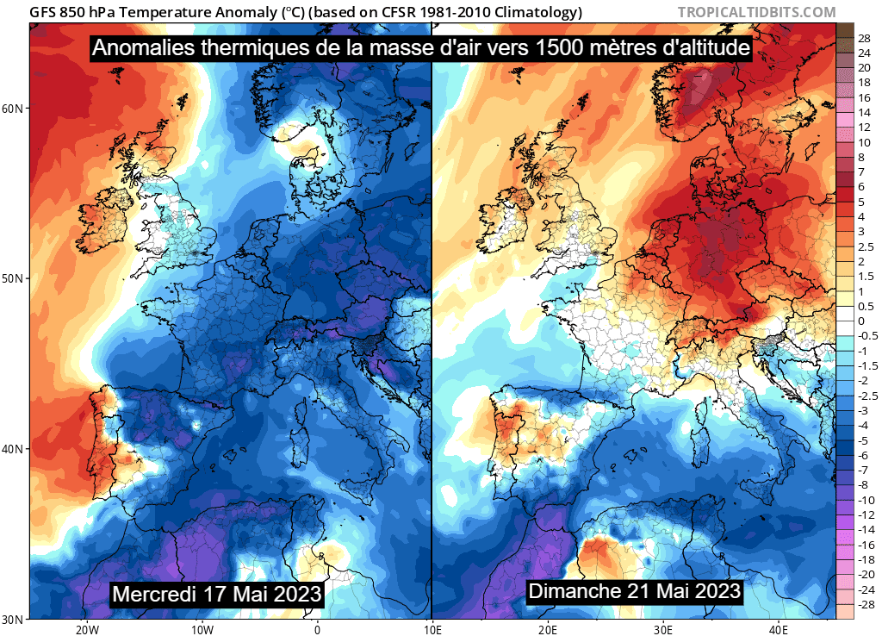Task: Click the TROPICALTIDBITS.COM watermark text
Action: coord(756,12)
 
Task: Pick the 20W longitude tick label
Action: coord(85,628)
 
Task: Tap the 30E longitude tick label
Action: coord(664,628)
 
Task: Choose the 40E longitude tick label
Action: coord(780,628)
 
